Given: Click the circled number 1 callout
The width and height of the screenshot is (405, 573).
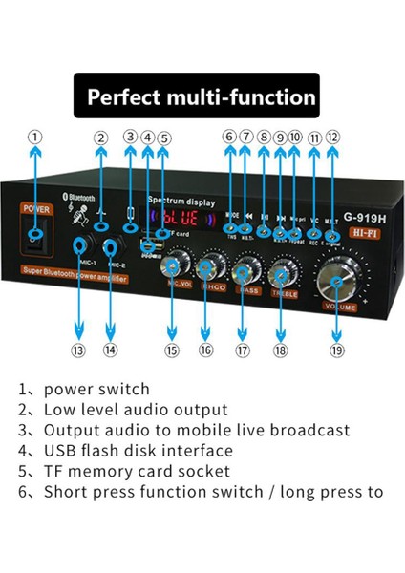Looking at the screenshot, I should [35, 137].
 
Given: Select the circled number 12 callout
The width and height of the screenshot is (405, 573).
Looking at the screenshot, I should [332, 137].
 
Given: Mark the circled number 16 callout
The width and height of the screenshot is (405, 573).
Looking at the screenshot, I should [205, 350].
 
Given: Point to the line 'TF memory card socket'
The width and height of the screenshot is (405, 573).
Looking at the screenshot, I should [137, 471].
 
